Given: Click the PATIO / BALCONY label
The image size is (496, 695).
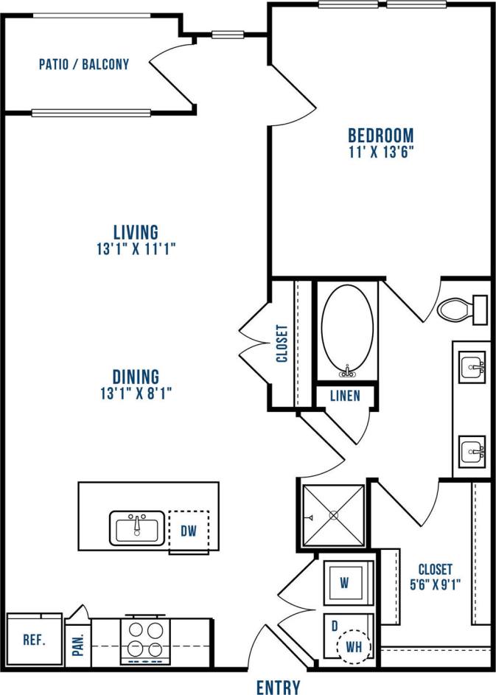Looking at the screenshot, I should (x=83, y=64).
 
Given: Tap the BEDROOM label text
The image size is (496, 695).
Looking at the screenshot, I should (x=380, y=136).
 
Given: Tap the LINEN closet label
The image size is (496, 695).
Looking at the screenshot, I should (x=345, y=396).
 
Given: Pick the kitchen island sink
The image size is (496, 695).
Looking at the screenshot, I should (x=138, y=527).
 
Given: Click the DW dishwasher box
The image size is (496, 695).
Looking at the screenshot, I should (x=189, y=531).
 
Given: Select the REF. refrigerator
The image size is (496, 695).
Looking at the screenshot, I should (x=34, y=640).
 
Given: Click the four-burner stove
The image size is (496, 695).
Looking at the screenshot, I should (x=146, y=638).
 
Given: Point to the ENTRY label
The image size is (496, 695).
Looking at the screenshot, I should (x=278, y=687).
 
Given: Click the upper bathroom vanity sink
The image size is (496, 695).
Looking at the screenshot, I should (x=472, y=364).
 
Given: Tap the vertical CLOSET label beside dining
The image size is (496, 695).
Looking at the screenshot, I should (x=281, y=344).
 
